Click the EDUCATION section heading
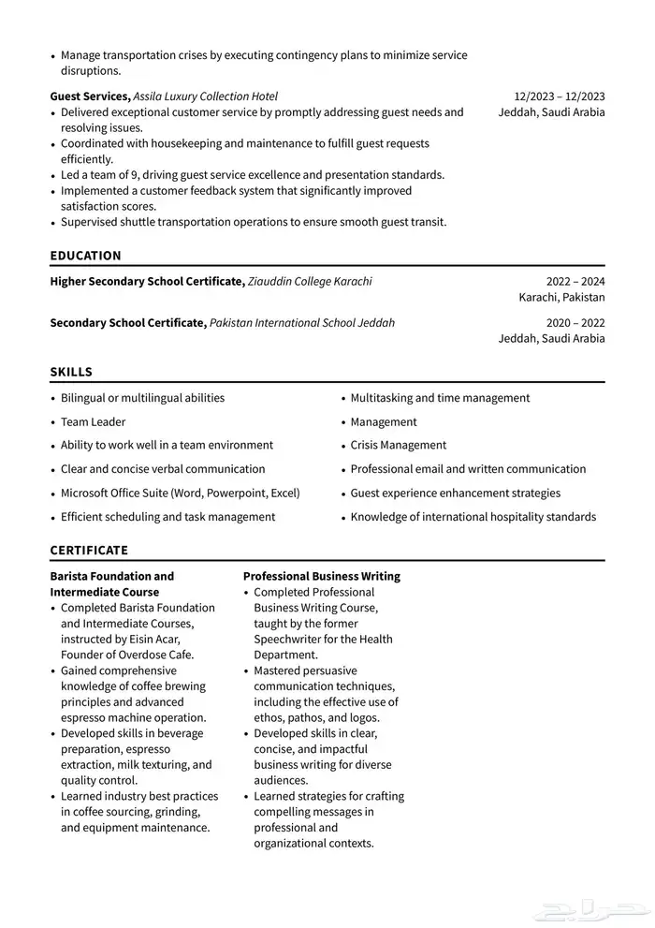tap(85, 256)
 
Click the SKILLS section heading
tap(71, 372)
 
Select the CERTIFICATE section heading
tap(89, 551)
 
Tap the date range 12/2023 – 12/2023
tap(559, 96)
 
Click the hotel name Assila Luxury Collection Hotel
tap(205, 96)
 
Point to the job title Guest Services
tap(89, 96)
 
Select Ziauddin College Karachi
tap(310, 281)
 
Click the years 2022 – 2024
tap(575, 281)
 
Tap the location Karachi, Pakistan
tap(561, 297)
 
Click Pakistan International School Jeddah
tap(301, 322)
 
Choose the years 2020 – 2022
tap(575, 322)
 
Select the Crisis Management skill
tap(398, 445)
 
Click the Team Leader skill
tap(93, 421)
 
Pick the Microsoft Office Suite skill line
tap(180, 493)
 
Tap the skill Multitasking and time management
tap(440, 398)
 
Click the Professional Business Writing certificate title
tap(321, 576)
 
